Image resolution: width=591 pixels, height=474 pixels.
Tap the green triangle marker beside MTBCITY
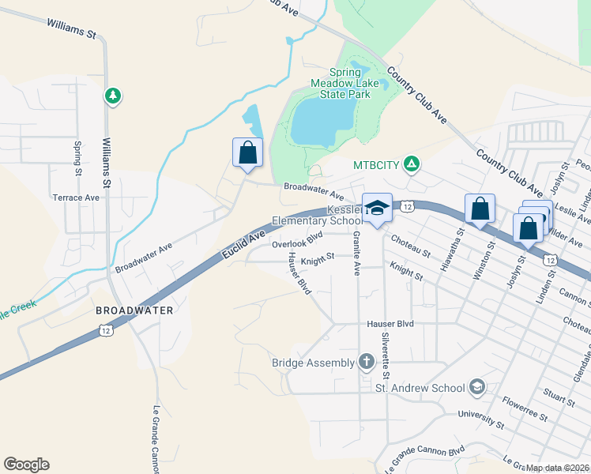411,164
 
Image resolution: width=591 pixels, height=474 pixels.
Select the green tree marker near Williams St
113,96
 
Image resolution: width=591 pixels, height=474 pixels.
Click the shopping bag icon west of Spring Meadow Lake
247,152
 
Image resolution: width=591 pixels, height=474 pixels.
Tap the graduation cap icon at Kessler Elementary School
378,208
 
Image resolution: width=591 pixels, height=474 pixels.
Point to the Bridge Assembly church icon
366,363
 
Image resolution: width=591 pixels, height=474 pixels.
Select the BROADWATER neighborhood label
134,310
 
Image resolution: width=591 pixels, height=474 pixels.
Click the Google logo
26,465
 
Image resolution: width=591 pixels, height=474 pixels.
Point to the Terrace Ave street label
76,197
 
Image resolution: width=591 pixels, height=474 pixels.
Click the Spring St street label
77,158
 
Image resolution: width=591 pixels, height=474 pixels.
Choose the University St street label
481,419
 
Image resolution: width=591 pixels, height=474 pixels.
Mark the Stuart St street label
559,393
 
